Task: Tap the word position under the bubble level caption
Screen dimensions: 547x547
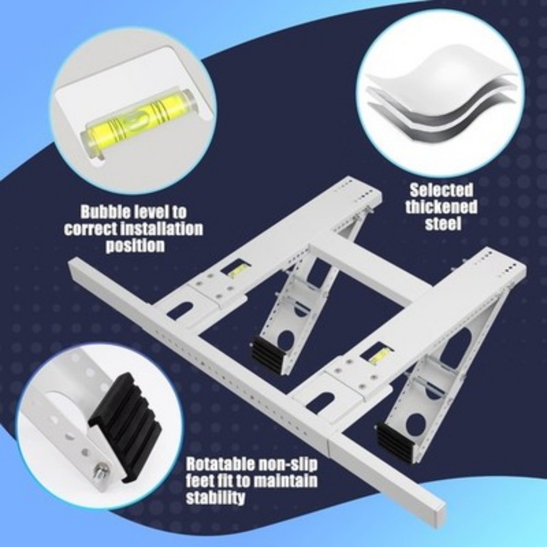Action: (x=135, y=245)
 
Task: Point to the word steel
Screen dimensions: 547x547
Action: (x=442, y=224)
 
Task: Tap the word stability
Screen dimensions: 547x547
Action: (x=215, y=498)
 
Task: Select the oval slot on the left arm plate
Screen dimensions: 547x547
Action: (x=180, y=310)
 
